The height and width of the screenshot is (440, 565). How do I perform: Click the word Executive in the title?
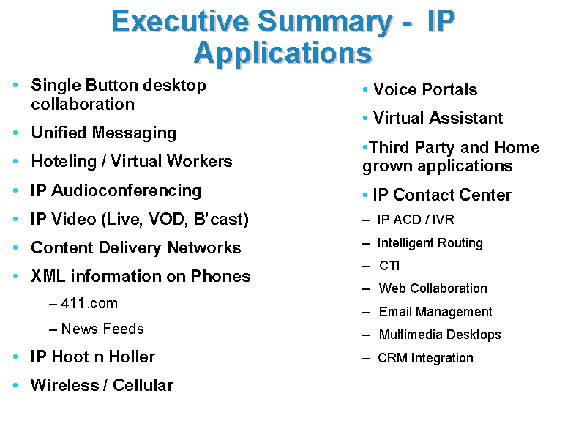click(x=180, y=21)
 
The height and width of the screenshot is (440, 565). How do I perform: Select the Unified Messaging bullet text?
click(x=104, y=133)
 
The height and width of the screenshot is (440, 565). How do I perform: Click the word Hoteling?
click(x=64, y=161)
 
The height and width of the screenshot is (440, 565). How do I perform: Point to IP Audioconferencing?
click(x=116, y=190)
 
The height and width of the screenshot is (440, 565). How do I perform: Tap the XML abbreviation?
click(x=48, y=276)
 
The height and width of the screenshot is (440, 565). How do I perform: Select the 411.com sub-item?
click(x=89, y=303)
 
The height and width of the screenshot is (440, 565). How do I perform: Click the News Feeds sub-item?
click(x=102, y=329)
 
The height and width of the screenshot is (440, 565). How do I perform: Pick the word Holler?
click(x=132, y=357)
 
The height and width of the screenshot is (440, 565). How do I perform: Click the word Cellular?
click(x=143, y=385)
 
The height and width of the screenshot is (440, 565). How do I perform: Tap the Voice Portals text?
click(x=425, y=89)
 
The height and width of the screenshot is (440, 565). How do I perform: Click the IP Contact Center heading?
click(x=442, y=195)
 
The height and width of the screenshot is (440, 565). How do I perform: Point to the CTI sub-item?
click(x=389, y=266)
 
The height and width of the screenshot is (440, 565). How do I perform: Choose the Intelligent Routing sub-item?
click(x=430, y=243)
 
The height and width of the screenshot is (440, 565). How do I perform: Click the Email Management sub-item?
click(x=435, y=312)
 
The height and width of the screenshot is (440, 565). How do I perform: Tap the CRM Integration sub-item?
click(x=425, y=358)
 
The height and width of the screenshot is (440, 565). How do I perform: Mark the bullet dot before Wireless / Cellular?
click(x=15, y=385)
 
